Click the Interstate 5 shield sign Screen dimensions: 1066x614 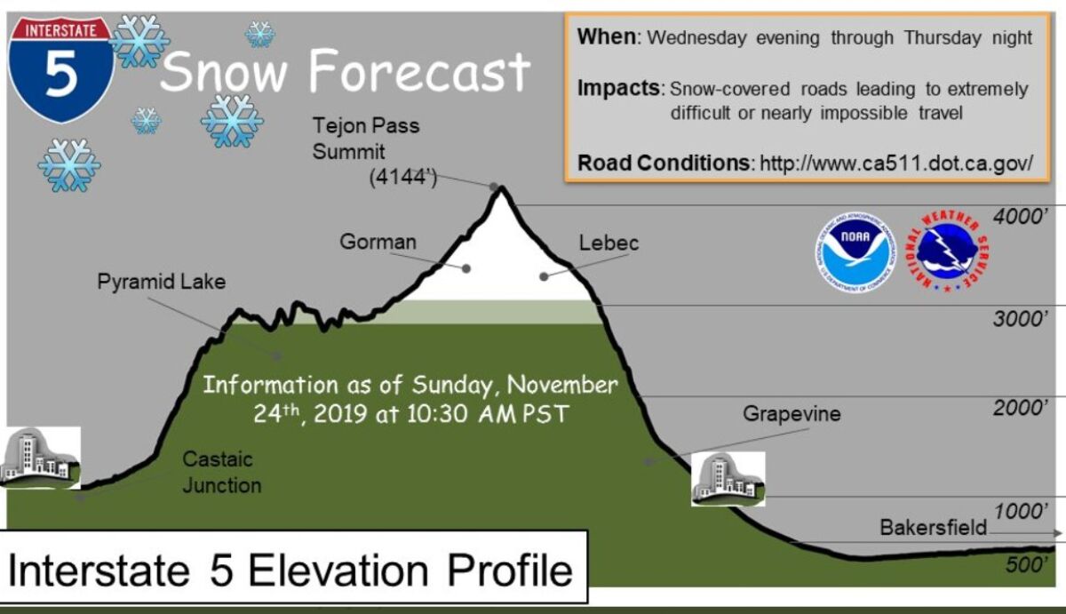pos(61,69)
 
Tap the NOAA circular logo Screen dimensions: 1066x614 pos(855,252)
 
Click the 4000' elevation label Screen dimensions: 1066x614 pos(1021,217)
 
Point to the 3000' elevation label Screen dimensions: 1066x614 pos(1021,318)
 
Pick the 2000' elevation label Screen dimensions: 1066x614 pos(1021,408)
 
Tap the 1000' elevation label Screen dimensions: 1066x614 pos(1021,511)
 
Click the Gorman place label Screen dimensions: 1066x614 pos(378,242)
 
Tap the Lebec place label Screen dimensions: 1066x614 pos(609,243)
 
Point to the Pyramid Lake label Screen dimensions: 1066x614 pos(162,282)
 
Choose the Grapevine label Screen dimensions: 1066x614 pos(792,414)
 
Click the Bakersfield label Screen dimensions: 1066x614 pos(934,528)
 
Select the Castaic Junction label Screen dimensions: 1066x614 pos(222,473)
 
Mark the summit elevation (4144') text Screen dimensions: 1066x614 pos(403,178)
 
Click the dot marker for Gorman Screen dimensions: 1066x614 pos(466,269)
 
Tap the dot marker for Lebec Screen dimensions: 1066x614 pos(544,276)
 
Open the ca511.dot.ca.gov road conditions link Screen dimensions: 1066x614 pos(896,163)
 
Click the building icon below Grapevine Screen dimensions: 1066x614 pos(728,479)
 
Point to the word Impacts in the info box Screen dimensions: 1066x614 pos(618,89)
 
